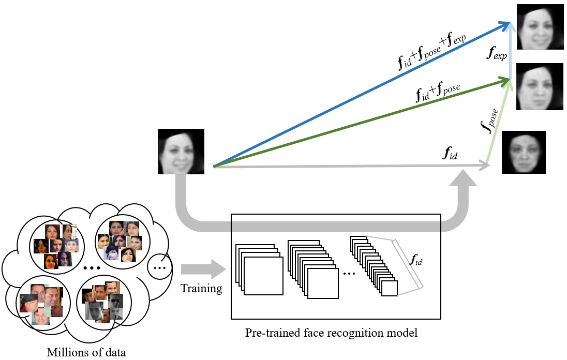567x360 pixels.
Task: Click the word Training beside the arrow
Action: click(x=201, y=289)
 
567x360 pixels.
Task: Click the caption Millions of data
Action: click(x=86, y=353)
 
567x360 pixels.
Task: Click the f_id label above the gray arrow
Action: click(x=450, y=154)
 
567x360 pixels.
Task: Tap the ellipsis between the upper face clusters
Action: click(x=91, y=268)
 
